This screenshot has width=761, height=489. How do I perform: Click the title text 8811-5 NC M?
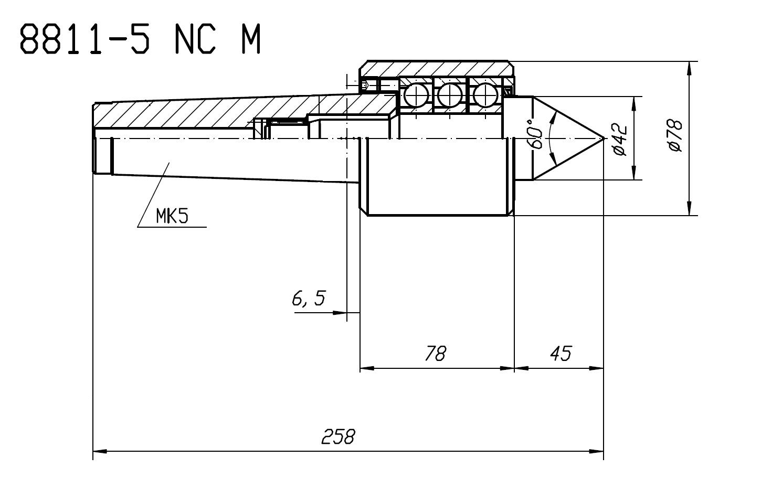pyautogui.click(x=140, y=38)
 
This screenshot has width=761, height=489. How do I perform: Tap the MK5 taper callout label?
pyautogui.click(x=172, y=216)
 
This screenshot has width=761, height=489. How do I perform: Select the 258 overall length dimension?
pyautogui.click(x=338, y=437)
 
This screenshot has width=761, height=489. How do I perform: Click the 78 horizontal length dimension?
pyautogui.click(x=436, y=353)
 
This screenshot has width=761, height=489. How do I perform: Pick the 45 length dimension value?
pyautogui.click(x=561, y=353)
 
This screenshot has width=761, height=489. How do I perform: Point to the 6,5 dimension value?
pyautogui.click(x=309, y=298)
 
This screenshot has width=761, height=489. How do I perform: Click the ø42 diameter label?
pyautogui.click(x=620, y=139)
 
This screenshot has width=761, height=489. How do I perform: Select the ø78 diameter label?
pyautogui.click(x=675, y=135)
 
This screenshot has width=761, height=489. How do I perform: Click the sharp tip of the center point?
pyautogui.click(x=604, y=139)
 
